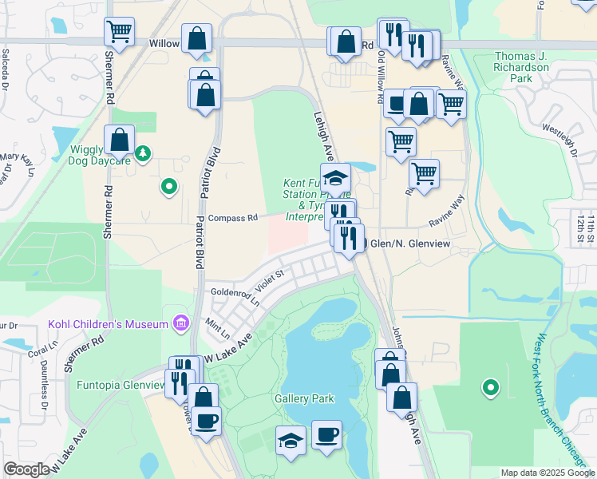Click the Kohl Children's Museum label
point(108,323)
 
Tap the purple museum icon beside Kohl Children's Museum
point(181,323)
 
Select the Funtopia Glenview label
point(120,385)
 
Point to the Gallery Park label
point(304,398)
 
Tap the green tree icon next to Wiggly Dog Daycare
point(142,152)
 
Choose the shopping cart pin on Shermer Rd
point(119,32)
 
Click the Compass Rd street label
point(232,218)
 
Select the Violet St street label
point(269,281)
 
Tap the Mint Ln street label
point(217,327)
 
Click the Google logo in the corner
point(26,469)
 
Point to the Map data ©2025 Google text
point(548,473)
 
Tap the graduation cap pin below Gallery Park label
point(291,440)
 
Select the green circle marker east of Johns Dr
point(490,388)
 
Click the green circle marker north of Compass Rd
point(168,187)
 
